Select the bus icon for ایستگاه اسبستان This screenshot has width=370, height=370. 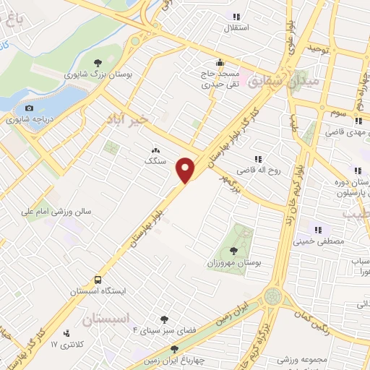click(98, 279)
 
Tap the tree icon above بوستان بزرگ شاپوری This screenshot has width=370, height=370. click(98, 62)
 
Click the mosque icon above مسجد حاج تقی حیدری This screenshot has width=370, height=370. click(220, 61)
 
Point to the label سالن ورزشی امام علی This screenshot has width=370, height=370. click(56, 212)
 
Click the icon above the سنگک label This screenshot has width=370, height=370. click(155, 150)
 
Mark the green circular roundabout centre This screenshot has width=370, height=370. click(273, 296)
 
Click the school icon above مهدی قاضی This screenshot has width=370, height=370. click(359, 121)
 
